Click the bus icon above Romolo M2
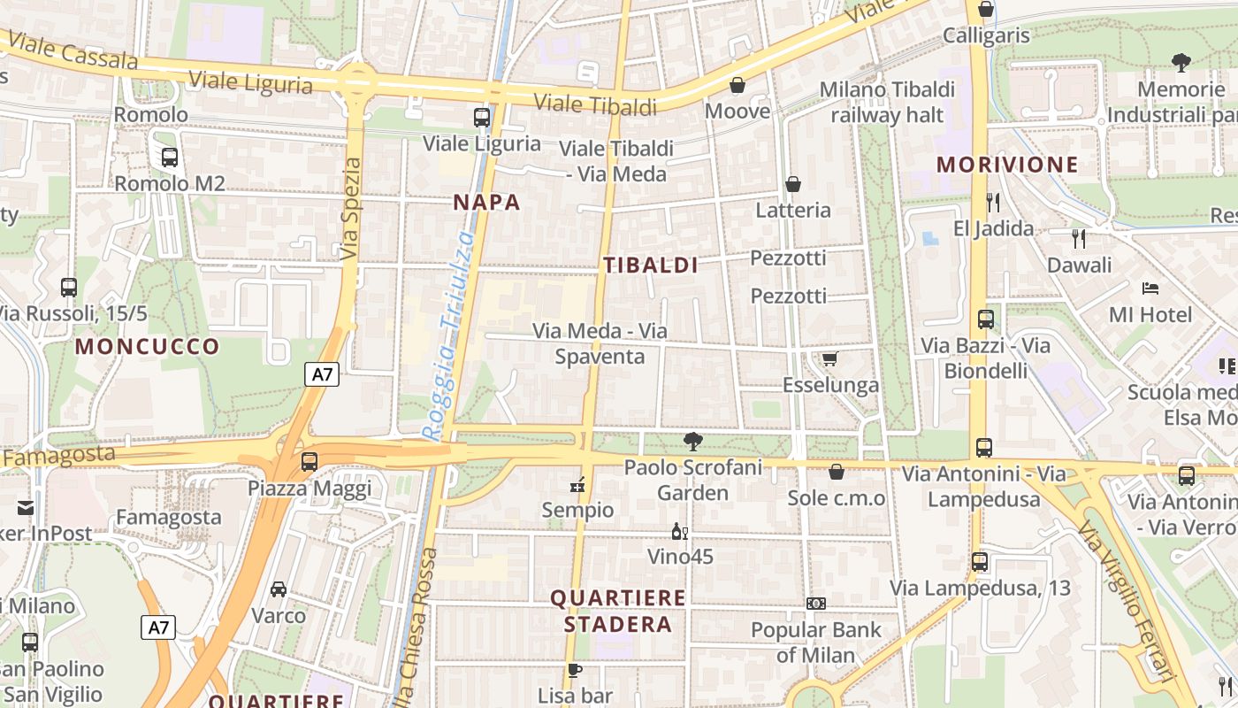tap(169, 158)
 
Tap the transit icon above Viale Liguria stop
tap(482, 117)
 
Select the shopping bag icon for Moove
tap(737, 85)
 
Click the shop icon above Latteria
tap(793, 184)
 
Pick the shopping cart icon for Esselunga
tap(829, 358)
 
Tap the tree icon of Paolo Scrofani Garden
tap(693, 441)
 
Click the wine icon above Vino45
tap(680, 531)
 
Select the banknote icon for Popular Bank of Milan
tap(816, 604)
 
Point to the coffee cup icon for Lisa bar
tap(575, 670)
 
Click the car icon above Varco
tap(279, 589)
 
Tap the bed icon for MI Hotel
tap(1150, 289)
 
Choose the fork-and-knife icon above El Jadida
tap(993, 203)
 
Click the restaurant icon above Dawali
tap(1079, 238)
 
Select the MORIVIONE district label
tap(1007, 165)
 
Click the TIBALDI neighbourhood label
tap(651, 265)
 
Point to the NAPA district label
tap(486, 202)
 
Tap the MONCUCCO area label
tap(147, 346)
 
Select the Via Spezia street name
tap(351, 209)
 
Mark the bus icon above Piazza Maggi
tap(309, 461)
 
